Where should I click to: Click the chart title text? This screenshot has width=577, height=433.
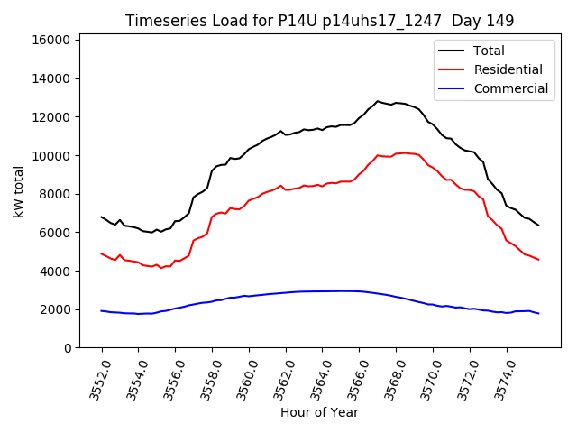pos(320,21)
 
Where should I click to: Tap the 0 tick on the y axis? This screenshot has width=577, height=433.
pos(69,348)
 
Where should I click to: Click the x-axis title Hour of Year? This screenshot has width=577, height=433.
pos(319,412)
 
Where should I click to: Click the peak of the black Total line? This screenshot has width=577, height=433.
pos(378,101)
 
